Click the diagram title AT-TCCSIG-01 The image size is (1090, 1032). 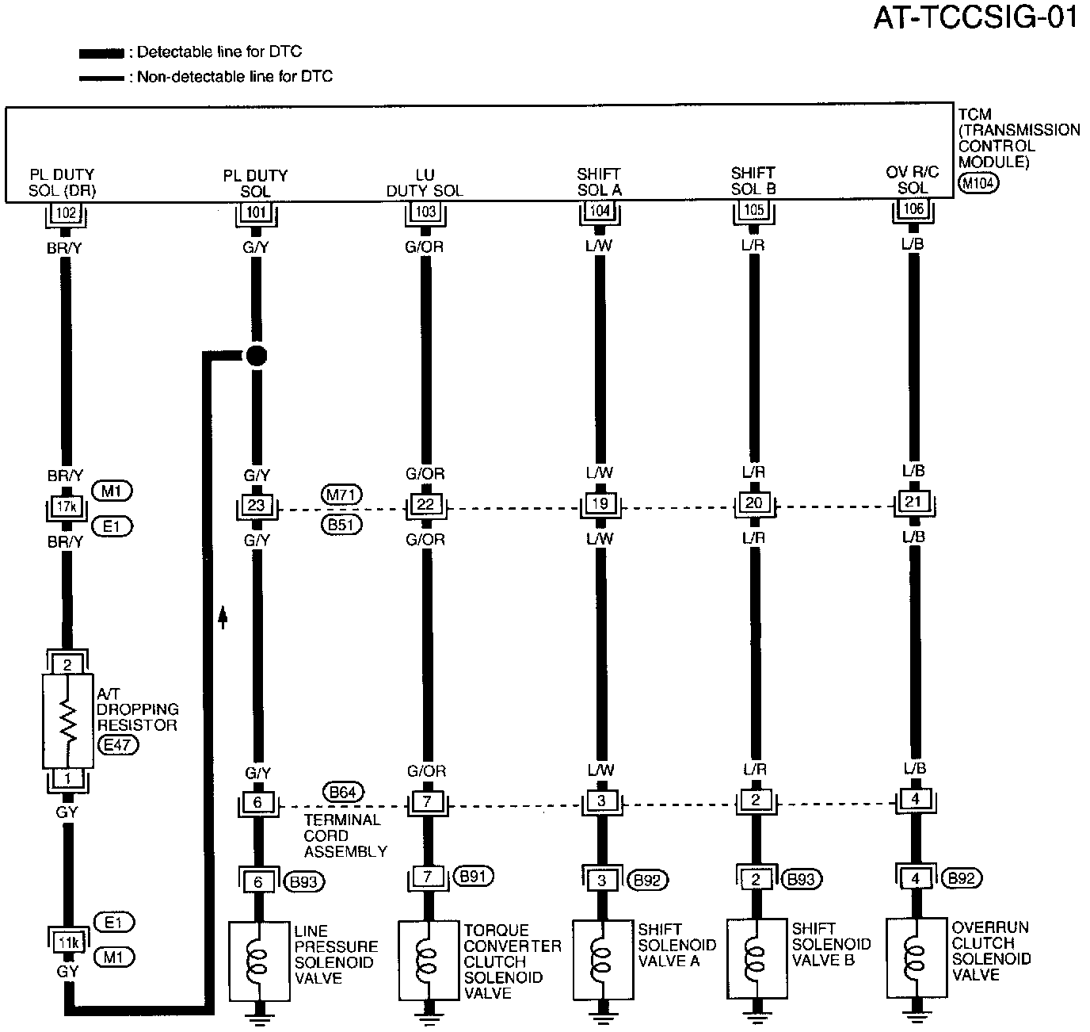(x=975, y=17)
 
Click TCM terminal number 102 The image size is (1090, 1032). (x=67, y=212)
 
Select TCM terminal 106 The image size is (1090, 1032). (x=913, y=209)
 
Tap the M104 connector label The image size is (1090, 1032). (x=978, y=183)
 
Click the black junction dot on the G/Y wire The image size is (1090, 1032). (x=255, y=355)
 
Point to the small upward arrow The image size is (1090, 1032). (x=223, y=616)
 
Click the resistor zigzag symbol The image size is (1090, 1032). (x=69, y=720)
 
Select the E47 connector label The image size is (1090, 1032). (x=116, y=745)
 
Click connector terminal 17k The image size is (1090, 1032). (x=67, y=505)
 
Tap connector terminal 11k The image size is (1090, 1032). (x=67, y=942)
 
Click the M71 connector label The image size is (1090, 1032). (x=342, y=494)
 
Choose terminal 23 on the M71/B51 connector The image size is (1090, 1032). (x=256, y=505)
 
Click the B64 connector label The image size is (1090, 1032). (x=342, y=792)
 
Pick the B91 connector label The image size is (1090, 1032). (x=474, y=876)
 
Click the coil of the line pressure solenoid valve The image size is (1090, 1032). (x=256, y=961)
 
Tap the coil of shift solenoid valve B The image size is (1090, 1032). (x=755, y=957)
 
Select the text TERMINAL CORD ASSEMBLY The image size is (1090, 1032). (x=345, y=835)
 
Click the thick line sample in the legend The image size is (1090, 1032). (x=101, y=54)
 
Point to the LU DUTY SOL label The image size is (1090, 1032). (x=425, y=183)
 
